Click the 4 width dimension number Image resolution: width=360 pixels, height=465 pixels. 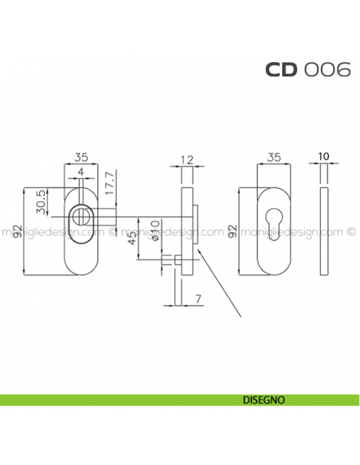point(80,172)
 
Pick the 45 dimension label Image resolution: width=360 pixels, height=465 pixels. point(129,236)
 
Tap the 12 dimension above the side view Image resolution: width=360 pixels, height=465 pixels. point(187,160)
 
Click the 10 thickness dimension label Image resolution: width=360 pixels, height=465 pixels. point(324,158)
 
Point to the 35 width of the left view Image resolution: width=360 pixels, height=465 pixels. point(80,158)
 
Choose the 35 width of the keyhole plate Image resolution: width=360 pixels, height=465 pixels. point(273,158)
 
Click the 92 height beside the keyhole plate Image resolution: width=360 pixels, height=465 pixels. point(232,231)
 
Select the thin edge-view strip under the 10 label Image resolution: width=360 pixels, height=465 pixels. point(324,231)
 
